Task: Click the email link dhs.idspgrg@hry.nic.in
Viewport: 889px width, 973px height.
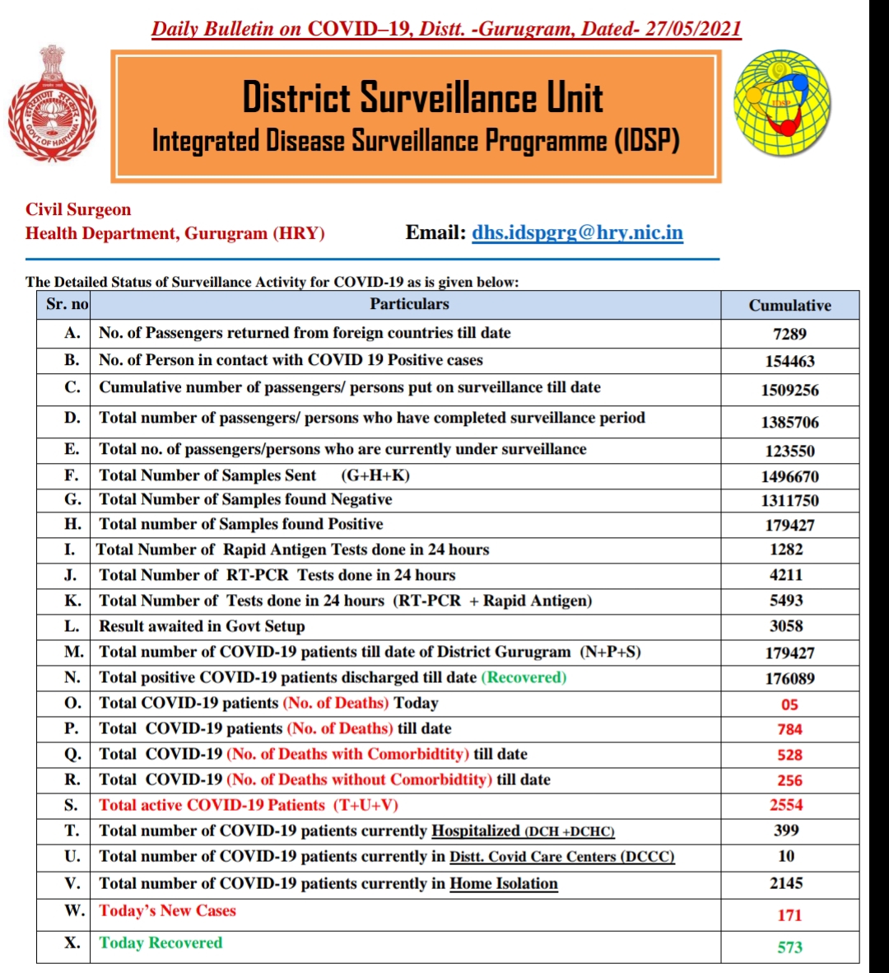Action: click(x=577, y=232)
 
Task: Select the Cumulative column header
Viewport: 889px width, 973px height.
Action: click(x=789, y=305)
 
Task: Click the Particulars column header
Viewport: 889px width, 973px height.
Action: click(x=409, y=304)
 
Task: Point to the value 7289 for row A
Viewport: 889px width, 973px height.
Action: click(x=789, y=334)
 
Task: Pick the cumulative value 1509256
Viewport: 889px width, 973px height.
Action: click(x=789, y=390)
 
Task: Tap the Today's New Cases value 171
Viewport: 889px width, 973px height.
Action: click(x=789, y=915)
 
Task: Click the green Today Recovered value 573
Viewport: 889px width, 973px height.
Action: click(x=789, y=947)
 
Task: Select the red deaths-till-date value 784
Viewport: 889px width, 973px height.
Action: click(x=789, y=729)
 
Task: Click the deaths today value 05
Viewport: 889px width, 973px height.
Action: click(x=789, y=704)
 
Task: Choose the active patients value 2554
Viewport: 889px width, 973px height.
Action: click(x=786, y=805)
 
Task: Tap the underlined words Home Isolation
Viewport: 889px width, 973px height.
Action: click(x=504, y=884)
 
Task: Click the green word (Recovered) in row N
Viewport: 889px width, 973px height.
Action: click(x=524, y=677)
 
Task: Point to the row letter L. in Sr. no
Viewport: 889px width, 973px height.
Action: click(x=72, y=626)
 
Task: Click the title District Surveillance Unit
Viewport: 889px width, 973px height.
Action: click(x=422, y=97)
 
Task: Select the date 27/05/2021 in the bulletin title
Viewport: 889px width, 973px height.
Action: click(x=693, y=29)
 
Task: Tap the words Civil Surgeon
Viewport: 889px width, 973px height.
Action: click(x=78, y=209)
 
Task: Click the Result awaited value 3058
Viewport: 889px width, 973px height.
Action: click(x=786, y=626)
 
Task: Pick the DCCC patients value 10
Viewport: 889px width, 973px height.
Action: click(x=786, y=856)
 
